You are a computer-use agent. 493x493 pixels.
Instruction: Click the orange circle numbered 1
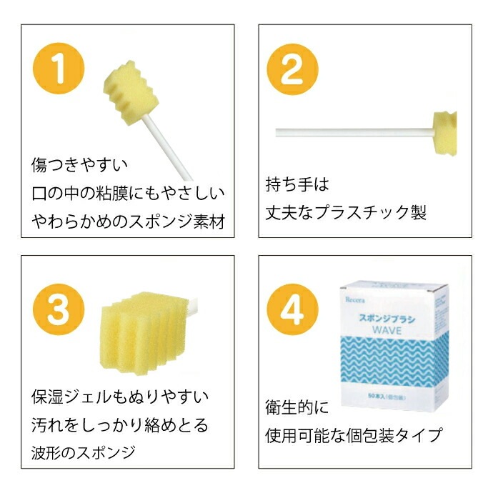click(x=59, y=68)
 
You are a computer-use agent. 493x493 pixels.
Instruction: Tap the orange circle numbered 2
click(x=292, y=69)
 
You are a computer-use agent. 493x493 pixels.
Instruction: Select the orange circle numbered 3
click(x=59, y=309)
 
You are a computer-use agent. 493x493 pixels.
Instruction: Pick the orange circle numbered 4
click(x=292, y=309)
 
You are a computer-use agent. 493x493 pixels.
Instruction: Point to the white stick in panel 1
click(x=168, y=148)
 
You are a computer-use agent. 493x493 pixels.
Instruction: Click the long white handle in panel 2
click(x=354, y=132)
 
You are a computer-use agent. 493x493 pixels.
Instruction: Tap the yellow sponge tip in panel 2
click(x=444, y=133)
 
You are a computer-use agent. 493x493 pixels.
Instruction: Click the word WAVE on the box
click(x=387, y=330)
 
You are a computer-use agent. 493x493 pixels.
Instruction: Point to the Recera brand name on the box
click(x=355, y=299)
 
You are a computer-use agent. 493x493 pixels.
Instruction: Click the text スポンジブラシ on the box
click(x=387, y=319)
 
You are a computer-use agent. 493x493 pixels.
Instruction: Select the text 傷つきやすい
click(x=79, y=165)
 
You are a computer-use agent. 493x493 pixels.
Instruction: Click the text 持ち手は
click(x=297, y=184)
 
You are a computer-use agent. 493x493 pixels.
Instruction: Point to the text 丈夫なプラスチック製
click(x=346, y=212)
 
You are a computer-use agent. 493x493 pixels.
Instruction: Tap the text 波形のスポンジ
click(x=84, y=453)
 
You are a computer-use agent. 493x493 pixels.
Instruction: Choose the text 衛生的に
click(x=297, y=407)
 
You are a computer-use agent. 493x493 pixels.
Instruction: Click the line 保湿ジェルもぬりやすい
click(x=120, y=397)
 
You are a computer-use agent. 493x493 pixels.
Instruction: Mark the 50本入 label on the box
click(x=387, y=397)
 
